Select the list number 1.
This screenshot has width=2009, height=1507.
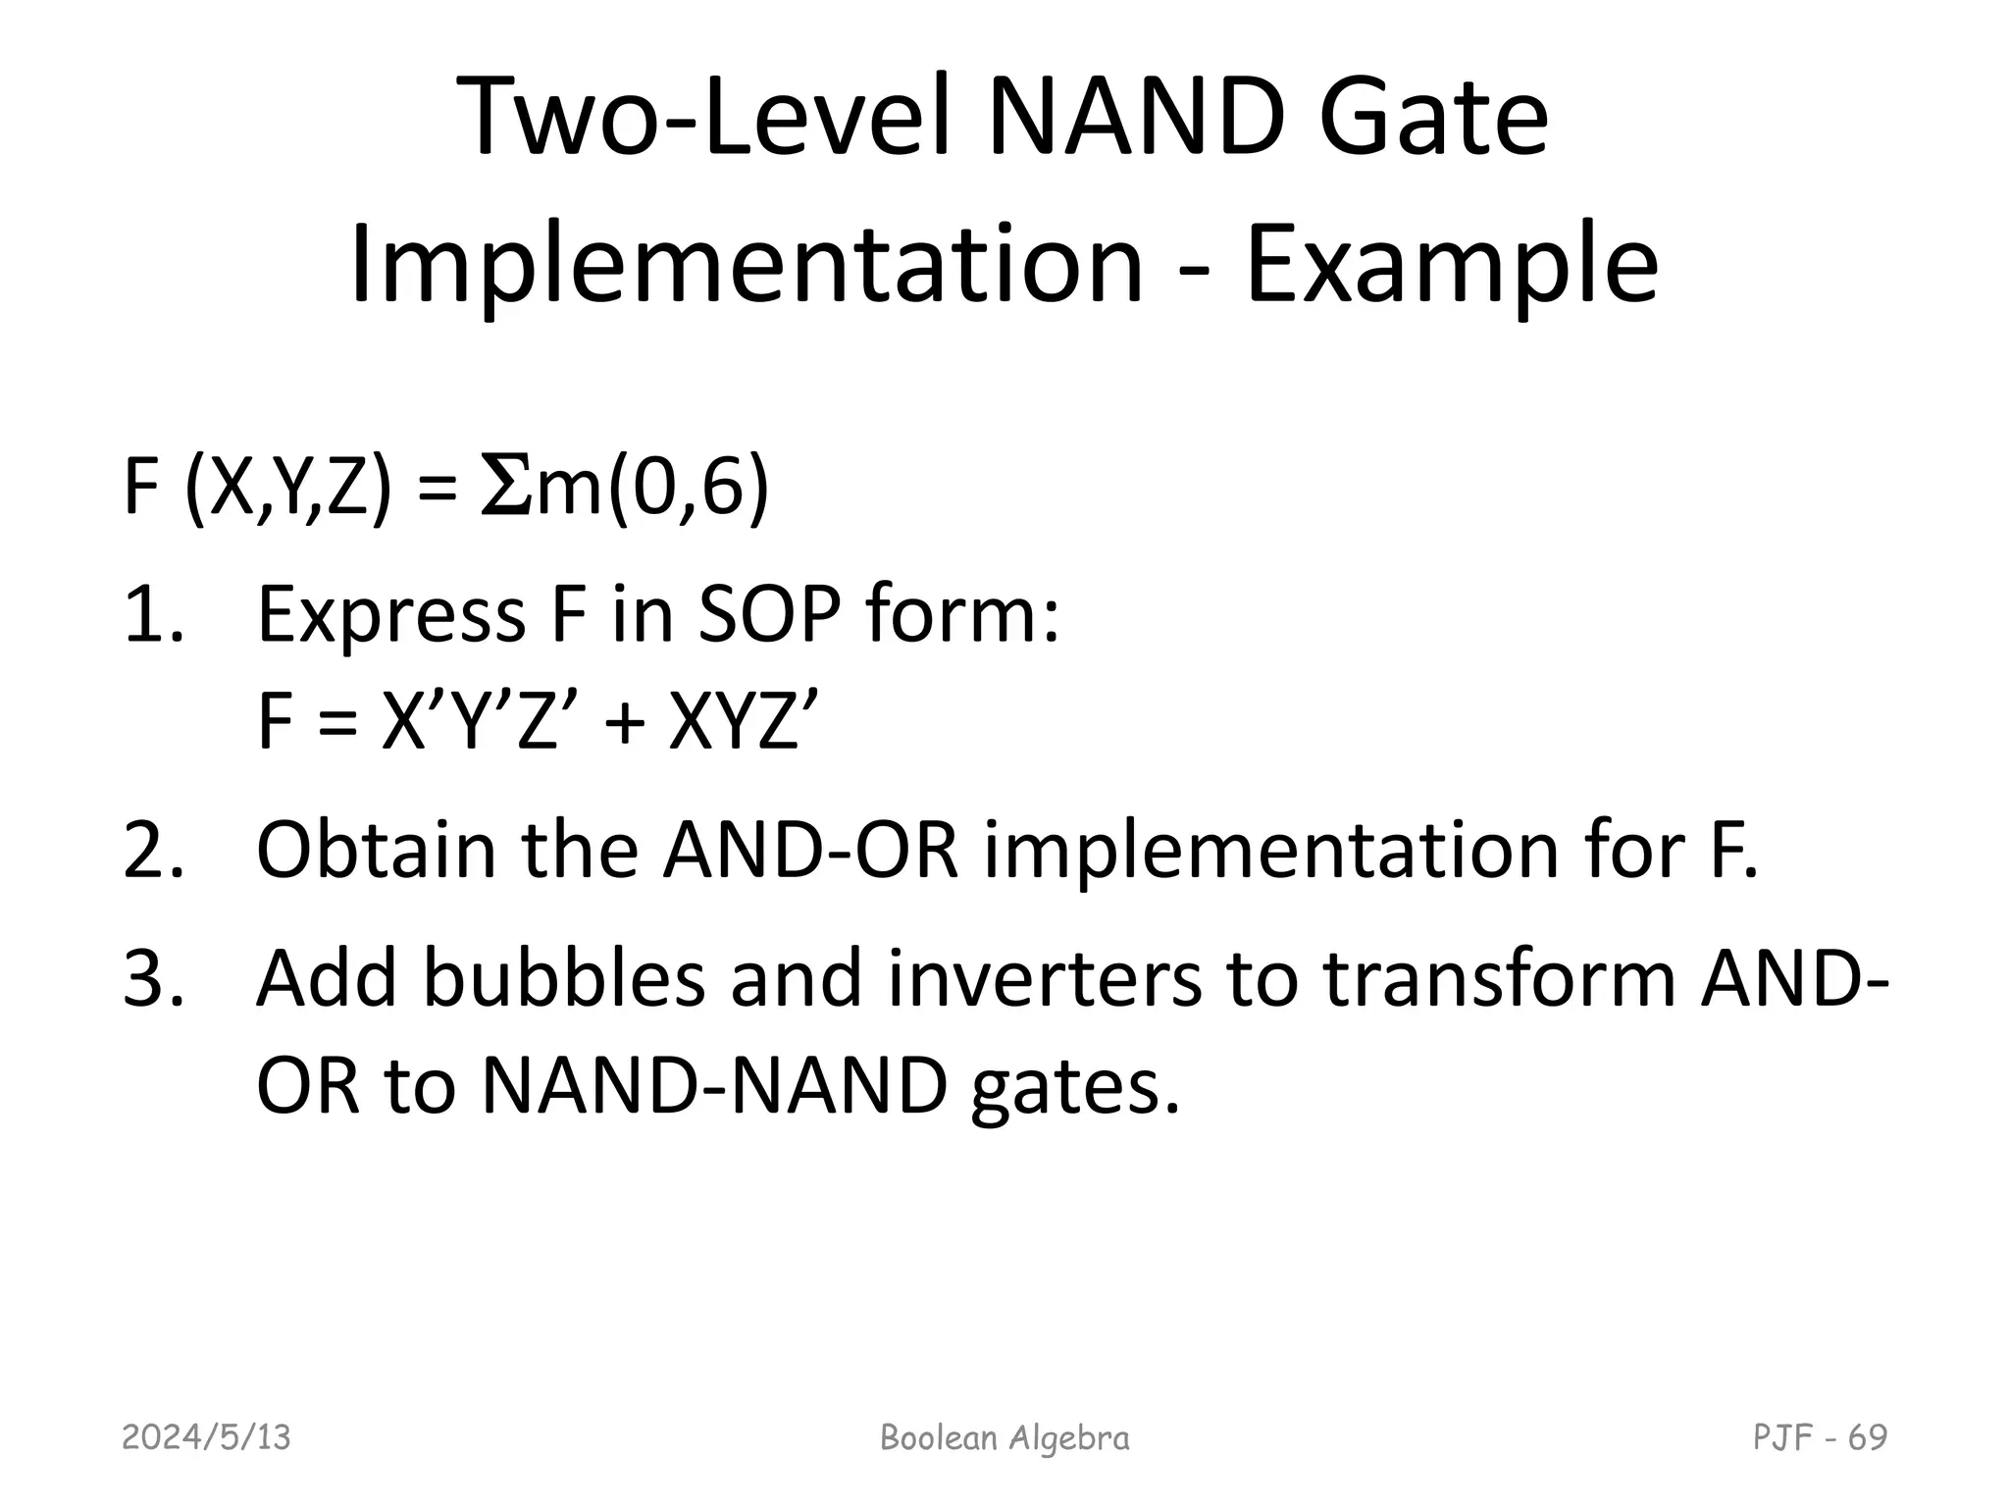click(153, 616)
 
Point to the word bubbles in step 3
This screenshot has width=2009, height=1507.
click(563, 978)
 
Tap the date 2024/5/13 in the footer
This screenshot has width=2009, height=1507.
click(206, 1438)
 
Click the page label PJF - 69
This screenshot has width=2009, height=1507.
click(1820, 1438)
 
